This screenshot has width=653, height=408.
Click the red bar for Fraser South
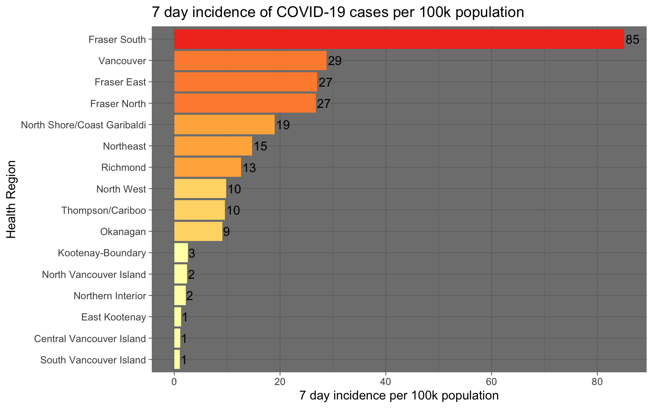[399, 40]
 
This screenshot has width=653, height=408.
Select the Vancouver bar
[250, 61]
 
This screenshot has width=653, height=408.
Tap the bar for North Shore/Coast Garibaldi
[224, 125]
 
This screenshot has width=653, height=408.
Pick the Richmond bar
[207, 167]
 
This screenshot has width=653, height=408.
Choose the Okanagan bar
[198, 232]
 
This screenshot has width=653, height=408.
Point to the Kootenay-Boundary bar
[181, 253]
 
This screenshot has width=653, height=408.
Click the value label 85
[632, 40]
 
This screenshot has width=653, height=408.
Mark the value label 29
[335, 61]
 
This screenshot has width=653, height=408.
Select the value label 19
[283, 125]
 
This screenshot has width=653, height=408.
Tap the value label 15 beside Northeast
[260, 147]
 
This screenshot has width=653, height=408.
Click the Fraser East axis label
[120, 82]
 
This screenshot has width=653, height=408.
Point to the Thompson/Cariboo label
[104, 210]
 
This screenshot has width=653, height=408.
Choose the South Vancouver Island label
[93, 360]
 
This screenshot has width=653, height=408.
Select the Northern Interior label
[110, 296]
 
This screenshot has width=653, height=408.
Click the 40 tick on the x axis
[386, 382]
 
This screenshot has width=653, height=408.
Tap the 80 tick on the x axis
[597, 382]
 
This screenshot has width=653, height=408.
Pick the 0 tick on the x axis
[174, 382]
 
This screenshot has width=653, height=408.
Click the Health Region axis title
[11, 199]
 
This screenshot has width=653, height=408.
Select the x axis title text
[399, 396]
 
